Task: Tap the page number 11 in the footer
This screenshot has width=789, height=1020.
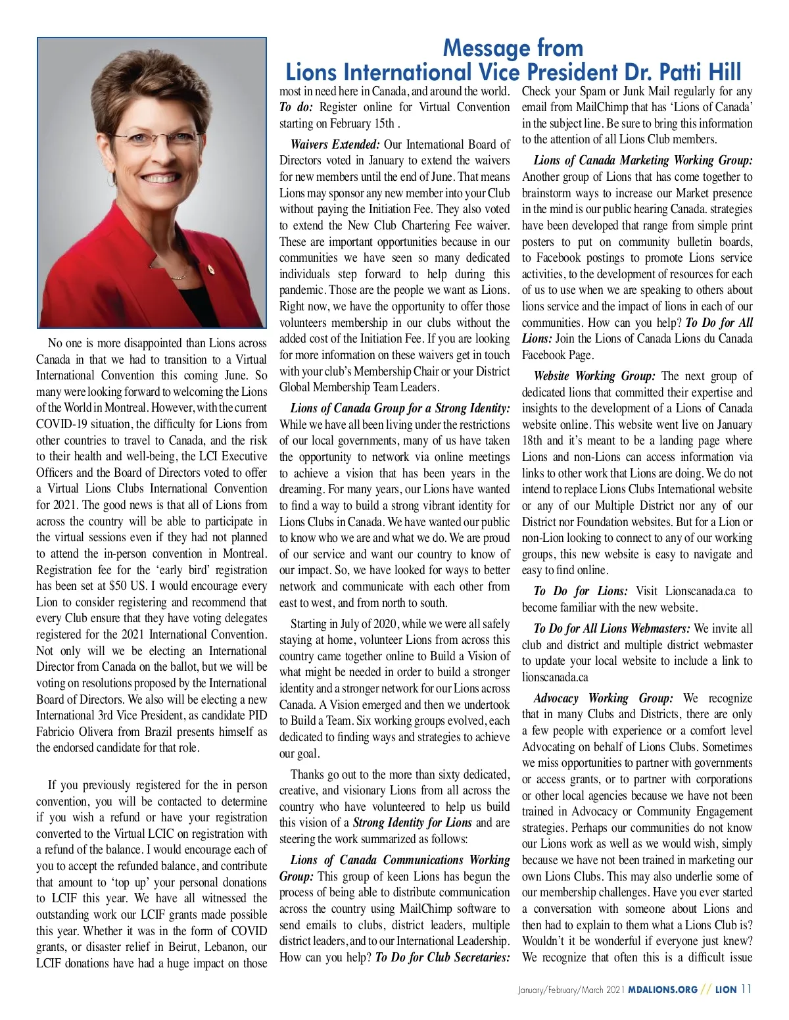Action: (746, 988)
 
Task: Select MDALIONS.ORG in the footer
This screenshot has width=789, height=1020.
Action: (662, 989)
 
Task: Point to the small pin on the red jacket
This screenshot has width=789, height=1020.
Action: (210, 269)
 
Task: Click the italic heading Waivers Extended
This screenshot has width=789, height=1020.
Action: (335, 144)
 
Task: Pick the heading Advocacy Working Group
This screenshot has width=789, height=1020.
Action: (603, 698)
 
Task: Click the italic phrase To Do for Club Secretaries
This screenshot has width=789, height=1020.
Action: (442, 957)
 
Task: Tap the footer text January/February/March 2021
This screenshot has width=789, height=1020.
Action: (570, 989)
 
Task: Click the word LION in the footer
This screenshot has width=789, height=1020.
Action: (725, 989)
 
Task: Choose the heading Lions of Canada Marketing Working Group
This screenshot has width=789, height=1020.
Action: (643, 160)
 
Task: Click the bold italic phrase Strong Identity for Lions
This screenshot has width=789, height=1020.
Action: (412, 823)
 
